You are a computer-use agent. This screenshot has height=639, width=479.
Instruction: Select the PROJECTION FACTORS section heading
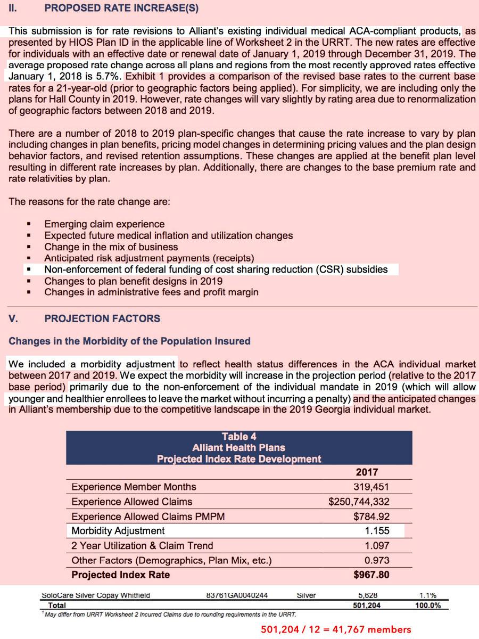pos(102,318)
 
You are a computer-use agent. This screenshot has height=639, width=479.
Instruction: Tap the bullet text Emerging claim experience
pos(104,224)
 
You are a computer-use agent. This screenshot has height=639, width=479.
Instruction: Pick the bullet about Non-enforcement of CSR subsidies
pos(216,269)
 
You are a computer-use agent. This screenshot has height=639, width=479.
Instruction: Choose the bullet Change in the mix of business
pos(111,247)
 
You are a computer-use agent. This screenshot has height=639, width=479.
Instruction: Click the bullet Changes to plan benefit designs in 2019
pos(133,281)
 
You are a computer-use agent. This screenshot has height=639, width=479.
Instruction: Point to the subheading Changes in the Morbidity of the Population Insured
pos(129,341)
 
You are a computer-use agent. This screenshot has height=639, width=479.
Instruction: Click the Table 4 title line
pos(239,436)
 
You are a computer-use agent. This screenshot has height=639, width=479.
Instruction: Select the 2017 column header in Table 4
pos(367,472)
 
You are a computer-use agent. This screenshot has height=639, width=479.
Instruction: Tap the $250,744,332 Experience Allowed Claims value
pos(359,502)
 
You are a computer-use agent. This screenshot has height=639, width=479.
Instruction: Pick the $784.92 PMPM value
pos(371,516)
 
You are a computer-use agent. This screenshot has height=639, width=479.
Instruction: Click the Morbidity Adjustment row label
pos(118,531)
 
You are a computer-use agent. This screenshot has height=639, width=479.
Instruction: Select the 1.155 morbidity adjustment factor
pos(377,531)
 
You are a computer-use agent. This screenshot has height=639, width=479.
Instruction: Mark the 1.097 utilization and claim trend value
pos(377,546)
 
